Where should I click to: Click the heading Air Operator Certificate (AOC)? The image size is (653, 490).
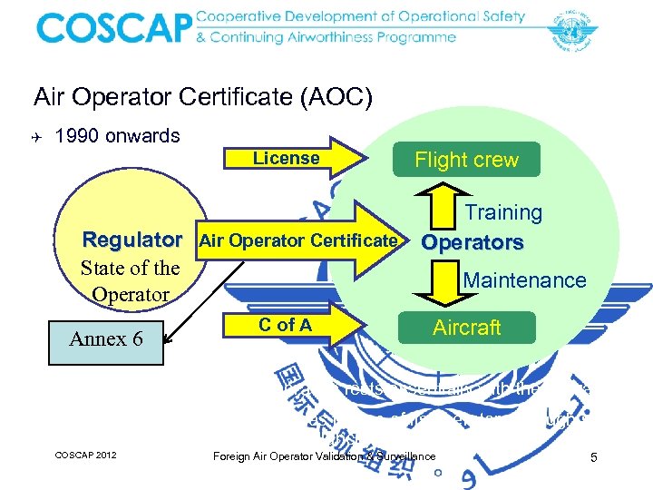(202, 97)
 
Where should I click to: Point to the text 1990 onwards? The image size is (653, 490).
(117, 136)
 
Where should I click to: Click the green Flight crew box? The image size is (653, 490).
(466, 160)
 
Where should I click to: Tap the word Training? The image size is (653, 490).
(503, 212)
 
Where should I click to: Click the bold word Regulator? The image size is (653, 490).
(132, 240)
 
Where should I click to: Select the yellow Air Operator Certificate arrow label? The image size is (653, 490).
(298, 240)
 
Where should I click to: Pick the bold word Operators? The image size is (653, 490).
(473, 243)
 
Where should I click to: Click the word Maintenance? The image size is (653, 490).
(524, 280)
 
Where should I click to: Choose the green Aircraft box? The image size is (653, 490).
(466, 328)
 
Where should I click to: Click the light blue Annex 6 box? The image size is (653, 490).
(106, 338)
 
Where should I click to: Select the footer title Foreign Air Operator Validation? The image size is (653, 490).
(324, 456)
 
